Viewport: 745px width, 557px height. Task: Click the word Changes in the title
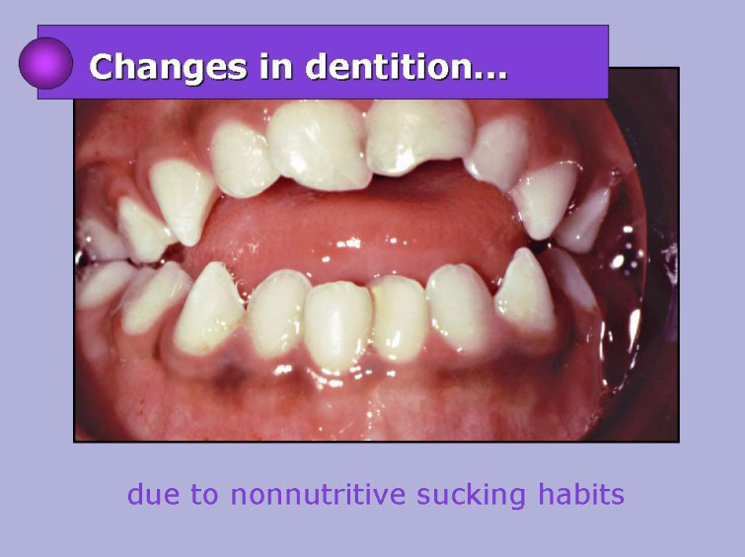(168, 67)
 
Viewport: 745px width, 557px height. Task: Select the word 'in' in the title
(275, 66)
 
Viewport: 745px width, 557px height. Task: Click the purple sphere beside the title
(45, 63)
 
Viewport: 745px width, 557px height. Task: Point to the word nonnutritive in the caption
(318, 494)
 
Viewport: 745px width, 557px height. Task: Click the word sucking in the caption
(471, 496)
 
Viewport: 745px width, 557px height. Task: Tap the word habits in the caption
(580, 494)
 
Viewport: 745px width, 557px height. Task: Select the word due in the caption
(154, 494)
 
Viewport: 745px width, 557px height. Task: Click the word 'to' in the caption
(205, 495)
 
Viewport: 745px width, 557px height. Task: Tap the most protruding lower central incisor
(337, 324)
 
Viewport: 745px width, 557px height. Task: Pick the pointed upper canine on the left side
(183, 199)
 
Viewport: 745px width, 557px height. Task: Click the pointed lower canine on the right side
(526, 291)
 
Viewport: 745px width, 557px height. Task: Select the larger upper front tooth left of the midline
(319, 144)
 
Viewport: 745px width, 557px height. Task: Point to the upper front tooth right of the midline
(418, 136)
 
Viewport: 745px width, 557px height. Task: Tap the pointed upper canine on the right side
(545, 198)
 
